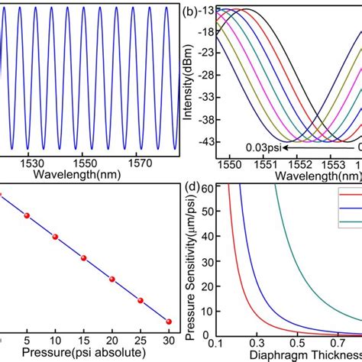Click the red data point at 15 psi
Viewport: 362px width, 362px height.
click(x=83, y=258)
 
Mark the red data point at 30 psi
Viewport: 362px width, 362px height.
click(x=169, y=322)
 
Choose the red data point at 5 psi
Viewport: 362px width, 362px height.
click(x=27, y=216)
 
